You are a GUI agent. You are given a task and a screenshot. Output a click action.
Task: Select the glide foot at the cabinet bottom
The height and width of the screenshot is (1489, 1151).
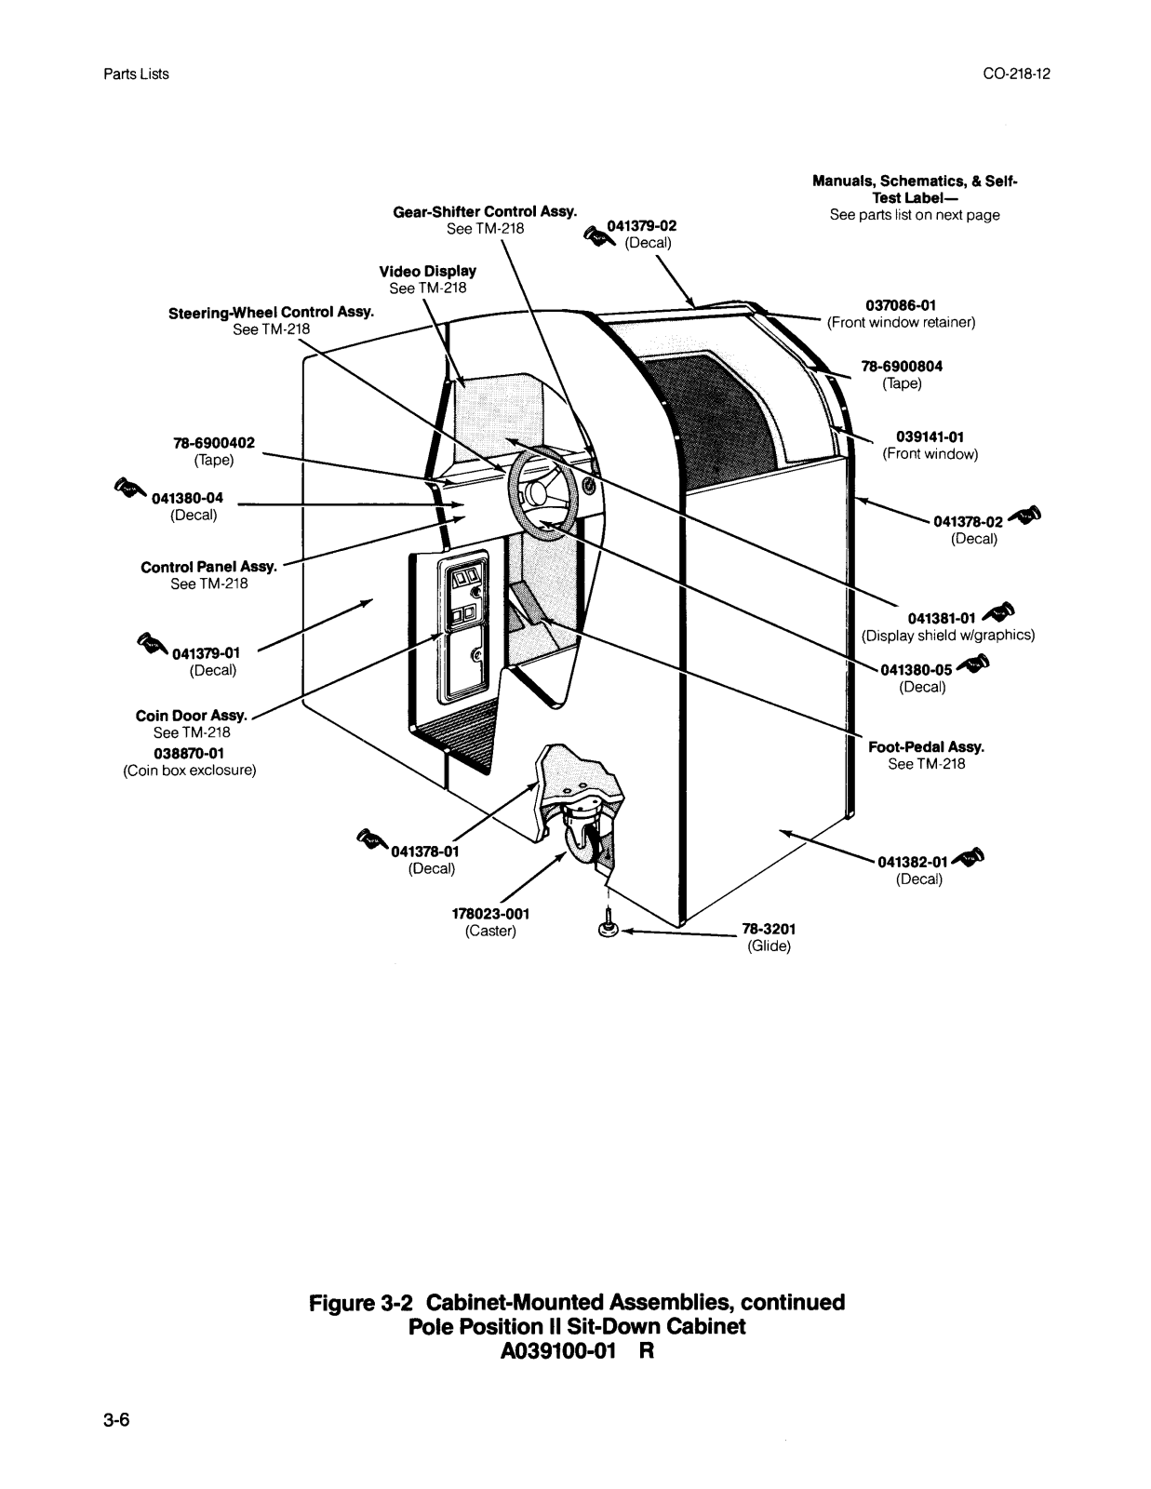[608, 925]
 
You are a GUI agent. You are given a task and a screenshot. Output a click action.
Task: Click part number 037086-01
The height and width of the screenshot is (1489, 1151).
[901, 305]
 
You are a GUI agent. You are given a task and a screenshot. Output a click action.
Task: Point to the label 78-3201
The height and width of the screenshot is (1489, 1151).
[769, 929]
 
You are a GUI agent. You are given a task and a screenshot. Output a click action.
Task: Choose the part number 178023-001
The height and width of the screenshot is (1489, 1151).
[490, 914]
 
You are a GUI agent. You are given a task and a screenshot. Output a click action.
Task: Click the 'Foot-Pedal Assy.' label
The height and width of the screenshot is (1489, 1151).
[926, 747]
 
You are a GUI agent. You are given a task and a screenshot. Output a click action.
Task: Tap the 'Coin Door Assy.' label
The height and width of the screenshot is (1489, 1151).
[191, 716]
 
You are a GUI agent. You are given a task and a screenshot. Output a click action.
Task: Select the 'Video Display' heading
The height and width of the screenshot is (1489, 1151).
[427, 272]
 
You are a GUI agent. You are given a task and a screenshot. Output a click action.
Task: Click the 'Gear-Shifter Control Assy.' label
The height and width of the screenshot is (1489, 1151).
[485, 212]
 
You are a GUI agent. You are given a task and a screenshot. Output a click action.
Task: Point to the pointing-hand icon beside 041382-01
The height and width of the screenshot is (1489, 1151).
[969, 856]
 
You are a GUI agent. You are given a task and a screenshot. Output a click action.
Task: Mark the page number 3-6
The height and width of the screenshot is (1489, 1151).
[116, 1419]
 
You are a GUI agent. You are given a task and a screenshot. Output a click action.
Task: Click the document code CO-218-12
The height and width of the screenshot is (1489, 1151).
[1016, 74]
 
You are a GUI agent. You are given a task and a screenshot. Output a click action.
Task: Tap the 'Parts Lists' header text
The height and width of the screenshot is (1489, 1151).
[137, 74]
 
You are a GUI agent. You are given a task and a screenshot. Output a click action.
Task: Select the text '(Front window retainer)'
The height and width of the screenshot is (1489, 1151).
[901, 322]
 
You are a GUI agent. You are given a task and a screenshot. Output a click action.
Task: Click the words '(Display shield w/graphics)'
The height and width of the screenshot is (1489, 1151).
[948, 636]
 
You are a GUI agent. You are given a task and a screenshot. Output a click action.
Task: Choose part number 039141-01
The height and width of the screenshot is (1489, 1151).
[930, 437]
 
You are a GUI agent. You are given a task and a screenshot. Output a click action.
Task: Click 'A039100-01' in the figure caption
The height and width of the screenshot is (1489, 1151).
[558, 1351]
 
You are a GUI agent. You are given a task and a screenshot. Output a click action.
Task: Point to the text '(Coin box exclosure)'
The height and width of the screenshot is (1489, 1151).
[190, 771]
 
